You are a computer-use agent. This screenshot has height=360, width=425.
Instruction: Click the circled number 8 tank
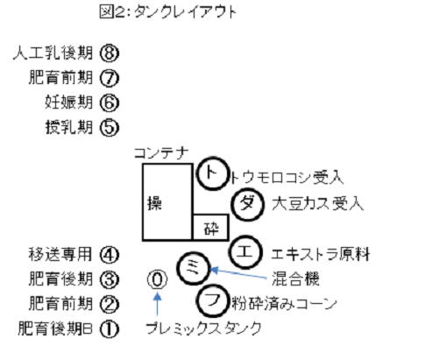[x=110, y=53]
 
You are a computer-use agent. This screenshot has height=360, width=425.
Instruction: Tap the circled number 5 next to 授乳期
[x=110, y=128]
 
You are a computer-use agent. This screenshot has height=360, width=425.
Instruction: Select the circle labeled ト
[x=212, y=173]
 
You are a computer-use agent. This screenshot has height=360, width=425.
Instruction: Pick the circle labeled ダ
[x=248, y=204]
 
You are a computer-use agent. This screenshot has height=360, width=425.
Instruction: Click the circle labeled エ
[x=244, y=252]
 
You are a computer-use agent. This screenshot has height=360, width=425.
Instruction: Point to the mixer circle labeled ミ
[x=194, y=269]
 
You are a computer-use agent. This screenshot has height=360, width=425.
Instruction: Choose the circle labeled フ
[x=212, y=300]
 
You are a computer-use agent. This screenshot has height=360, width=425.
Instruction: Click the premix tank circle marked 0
[x=158, y=279]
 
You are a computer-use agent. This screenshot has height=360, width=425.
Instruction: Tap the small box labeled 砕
[x=211, y=228]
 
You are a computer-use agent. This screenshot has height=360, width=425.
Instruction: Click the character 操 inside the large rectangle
[x=154, y=203]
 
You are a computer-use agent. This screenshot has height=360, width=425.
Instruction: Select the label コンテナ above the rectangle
[x=161, y=153]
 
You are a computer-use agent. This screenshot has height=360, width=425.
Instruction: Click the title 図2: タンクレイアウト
[x=167, y=12]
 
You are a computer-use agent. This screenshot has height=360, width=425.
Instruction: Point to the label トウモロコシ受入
[x=287, y=177]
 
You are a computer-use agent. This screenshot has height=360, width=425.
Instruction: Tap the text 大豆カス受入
[x=317, y=203]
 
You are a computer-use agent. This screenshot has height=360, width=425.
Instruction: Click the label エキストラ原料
[x=321, y=254]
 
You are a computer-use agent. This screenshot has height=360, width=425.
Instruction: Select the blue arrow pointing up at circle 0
[x=158, y=304]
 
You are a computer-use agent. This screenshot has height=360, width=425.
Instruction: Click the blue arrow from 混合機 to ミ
[x=239, y=273]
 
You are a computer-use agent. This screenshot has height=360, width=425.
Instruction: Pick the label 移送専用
[x=60, y=254]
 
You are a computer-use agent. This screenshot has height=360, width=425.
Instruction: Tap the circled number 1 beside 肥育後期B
[x=110, y=329]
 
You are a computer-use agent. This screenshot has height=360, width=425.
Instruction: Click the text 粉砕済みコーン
[x=284, y=304]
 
